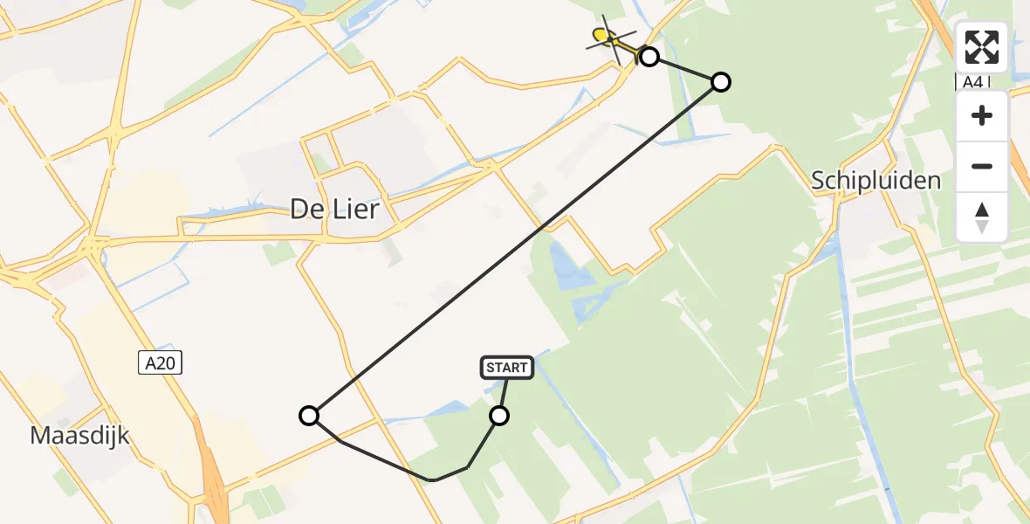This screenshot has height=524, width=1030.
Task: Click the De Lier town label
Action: [x=335, y=210]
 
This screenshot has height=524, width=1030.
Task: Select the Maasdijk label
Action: [x=79, y=434]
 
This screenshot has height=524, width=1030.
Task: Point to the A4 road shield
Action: [x=972, y=81]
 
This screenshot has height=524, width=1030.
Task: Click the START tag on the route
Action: [x=506, y=368]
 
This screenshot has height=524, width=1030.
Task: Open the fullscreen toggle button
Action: [x=982, y=47]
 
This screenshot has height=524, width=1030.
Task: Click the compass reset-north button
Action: [x=982, y=217]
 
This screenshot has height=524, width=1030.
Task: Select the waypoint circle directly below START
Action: [x=499, y=416]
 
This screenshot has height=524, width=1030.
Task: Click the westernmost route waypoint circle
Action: [x=309, y=416]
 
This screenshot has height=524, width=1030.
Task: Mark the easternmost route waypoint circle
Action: [x=720, y=82]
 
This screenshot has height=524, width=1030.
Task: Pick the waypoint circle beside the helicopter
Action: [x=649, y=57]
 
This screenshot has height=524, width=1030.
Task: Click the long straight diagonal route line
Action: [x=515, y=249]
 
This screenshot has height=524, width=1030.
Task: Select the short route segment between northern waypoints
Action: [x=685, y=70]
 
